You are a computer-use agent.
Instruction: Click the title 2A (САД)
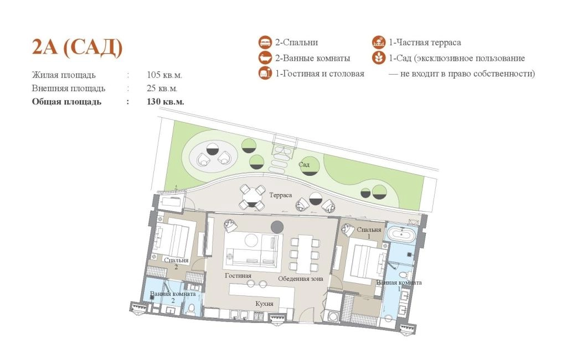pos(77,47)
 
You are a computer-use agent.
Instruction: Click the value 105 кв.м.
pos(164,75)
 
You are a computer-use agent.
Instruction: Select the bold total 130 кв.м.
pos(165,101)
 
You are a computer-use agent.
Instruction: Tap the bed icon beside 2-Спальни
pos(265,42)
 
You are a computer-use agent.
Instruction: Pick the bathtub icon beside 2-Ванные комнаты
pos(265,58)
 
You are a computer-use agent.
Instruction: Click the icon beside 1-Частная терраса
pos(379,42)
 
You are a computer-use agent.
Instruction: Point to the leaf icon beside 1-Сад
pos(379,58)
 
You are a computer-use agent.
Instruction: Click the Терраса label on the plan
pos(280,195)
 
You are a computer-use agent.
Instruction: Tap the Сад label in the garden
pos(304,165)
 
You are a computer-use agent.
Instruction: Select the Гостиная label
pos(238,275)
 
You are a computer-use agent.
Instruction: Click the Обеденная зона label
pos(301,279)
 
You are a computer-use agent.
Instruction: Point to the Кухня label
pos(264,304)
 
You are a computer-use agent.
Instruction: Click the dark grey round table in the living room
pos(277,226)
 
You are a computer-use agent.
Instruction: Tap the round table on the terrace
pos(252,197)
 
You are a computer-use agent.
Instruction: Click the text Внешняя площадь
pos(68,88)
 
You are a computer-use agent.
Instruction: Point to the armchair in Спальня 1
pos(348,229)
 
